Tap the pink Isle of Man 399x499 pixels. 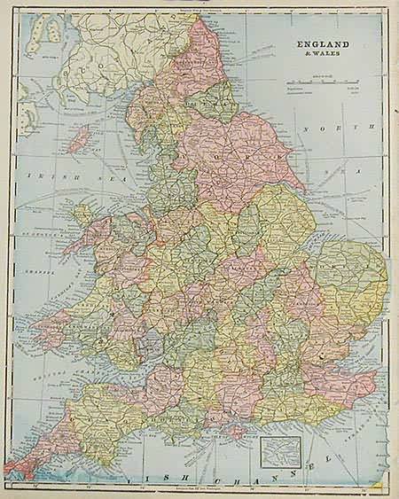coord(82,138)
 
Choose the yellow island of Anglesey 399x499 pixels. coord(87,214)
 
